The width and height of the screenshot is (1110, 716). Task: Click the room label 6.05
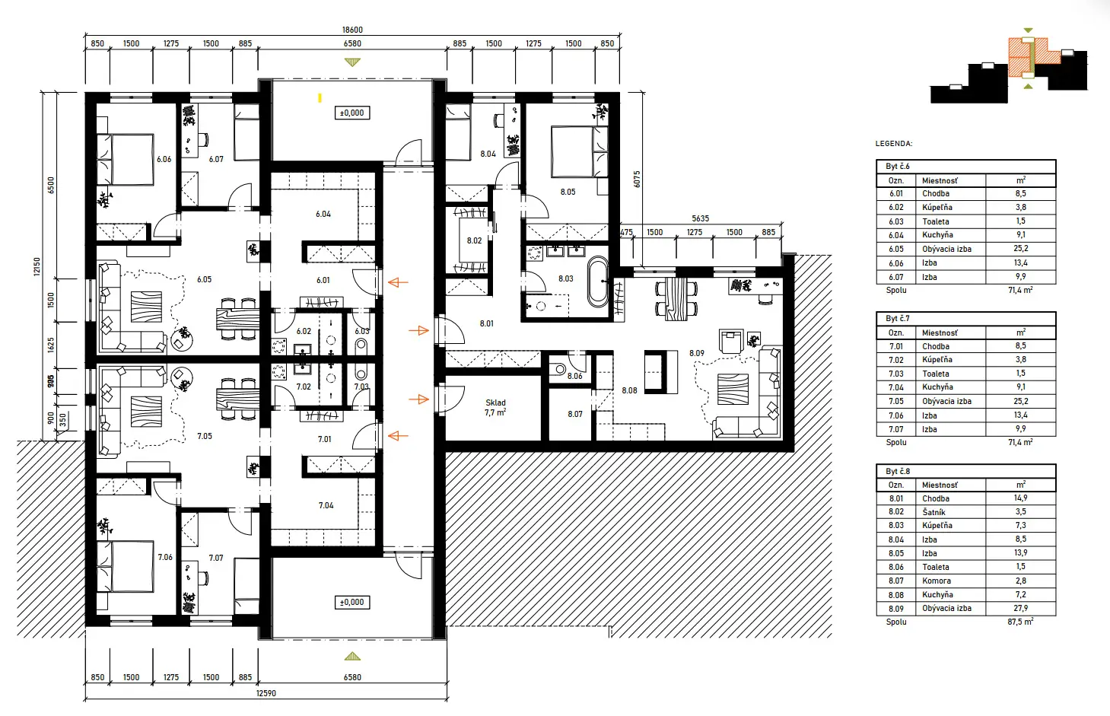coord(204,279)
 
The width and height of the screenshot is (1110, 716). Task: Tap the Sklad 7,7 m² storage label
coord(495,408)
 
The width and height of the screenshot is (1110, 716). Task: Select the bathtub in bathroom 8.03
coord(598,281)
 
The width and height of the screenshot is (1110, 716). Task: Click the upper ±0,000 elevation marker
coord(351,113)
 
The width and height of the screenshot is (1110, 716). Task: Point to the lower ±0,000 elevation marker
coord(351,602)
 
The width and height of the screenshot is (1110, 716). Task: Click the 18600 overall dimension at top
coord(352,30)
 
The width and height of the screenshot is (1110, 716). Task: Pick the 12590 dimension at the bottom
coord(266,693)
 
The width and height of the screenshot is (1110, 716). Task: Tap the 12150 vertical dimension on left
coord(37,266)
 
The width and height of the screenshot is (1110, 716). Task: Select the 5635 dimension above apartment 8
coord(700,218)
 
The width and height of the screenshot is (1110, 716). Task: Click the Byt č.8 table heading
coord(898,471)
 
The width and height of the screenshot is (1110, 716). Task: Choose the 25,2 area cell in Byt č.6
coord(1020,249)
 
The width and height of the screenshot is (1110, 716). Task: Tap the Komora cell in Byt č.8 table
coord(937,581)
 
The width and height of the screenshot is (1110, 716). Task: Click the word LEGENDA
coord(893,143)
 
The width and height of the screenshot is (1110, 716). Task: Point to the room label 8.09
coord(697,353)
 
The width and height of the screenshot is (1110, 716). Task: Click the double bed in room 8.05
coord(573,152)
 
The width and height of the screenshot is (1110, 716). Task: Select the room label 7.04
coord(326,505)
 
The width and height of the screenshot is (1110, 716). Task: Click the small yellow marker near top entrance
coord(320,97)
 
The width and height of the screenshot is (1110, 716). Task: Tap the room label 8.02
coord(474,240)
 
